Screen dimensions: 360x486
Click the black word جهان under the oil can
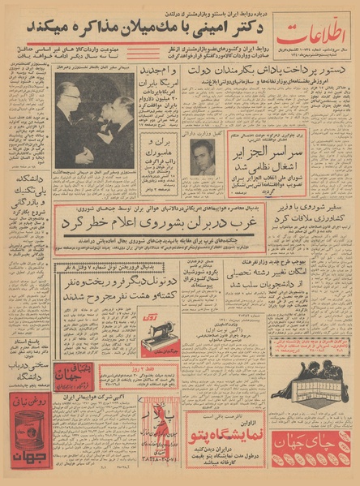coord(25,468)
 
